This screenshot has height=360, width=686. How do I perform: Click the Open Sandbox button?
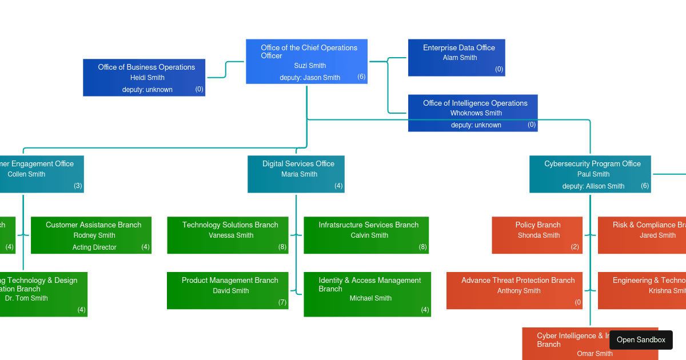tap(641, 339)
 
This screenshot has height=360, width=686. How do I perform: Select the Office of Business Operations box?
tap(144, 77)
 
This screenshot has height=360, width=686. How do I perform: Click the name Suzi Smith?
tap(310, 66)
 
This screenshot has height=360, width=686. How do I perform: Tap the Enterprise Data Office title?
tap(458, 48)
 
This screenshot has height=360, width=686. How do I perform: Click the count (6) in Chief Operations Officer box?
tap(361, 77)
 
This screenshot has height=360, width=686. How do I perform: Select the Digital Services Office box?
tap(296, 174)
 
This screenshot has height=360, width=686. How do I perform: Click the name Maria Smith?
tap(298, 174)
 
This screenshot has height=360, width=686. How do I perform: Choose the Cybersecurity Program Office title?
tap(592, 164)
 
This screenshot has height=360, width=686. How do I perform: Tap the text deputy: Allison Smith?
tap(593, 186)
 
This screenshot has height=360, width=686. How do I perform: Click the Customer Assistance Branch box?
tap(91, 235)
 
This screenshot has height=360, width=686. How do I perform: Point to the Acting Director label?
tap(94, 247)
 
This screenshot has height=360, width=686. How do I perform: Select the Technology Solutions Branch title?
tap(230, 225)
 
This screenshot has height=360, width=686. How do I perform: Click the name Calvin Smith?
tap(369, 235)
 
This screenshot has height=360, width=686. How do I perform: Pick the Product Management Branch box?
tap(228, 290)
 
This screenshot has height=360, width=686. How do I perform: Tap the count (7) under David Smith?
tap(282, 302)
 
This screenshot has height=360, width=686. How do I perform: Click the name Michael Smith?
tap(370, 298)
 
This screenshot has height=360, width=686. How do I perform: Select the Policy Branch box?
tap(537, 235)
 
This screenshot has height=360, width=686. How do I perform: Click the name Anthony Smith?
tap(519, 291)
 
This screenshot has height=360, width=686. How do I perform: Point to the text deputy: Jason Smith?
tap(309, 78)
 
